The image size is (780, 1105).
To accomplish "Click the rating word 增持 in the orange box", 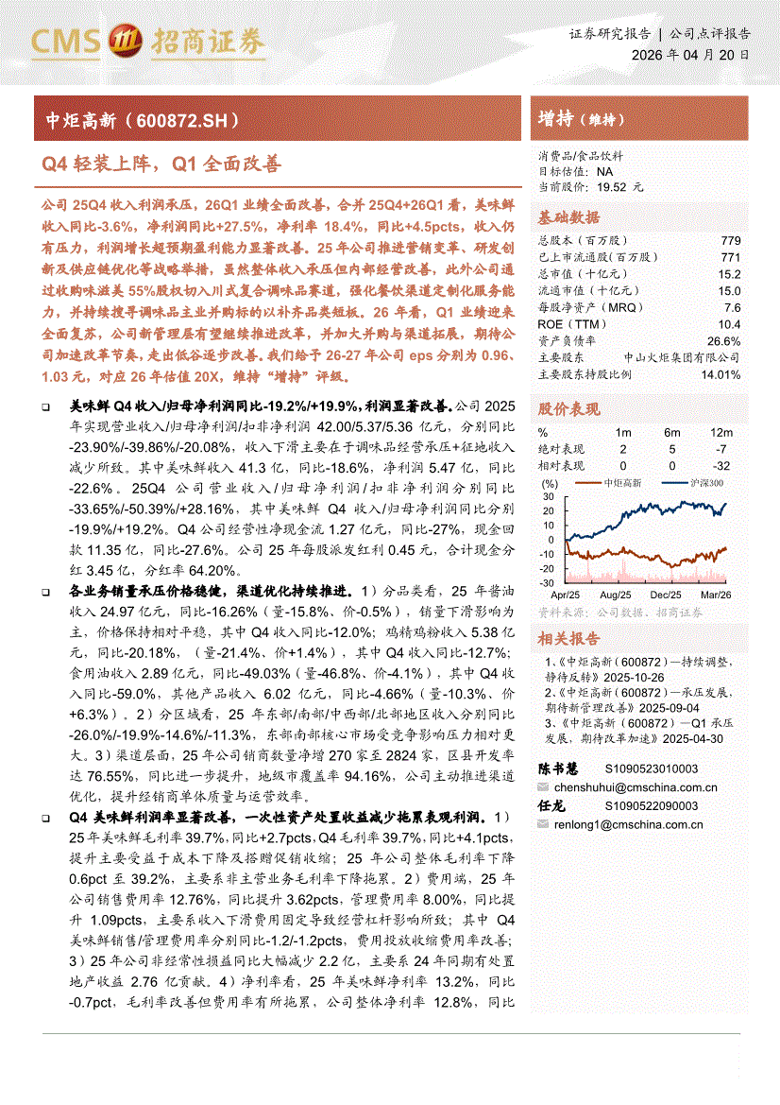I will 555,119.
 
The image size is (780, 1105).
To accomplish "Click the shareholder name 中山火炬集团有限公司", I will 682,357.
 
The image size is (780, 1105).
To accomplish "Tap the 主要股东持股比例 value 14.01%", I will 721,374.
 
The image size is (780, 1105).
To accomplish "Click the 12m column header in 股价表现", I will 721,432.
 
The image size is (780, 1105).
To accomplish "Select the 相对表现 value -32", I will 721,465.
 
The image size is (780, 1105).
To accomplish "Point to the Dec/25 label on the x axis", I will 666,595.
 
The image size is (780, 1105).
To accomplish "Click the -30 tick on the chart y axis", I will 548,583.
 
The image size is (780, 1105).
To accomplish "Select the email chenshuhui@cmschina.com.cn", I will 635,786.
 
